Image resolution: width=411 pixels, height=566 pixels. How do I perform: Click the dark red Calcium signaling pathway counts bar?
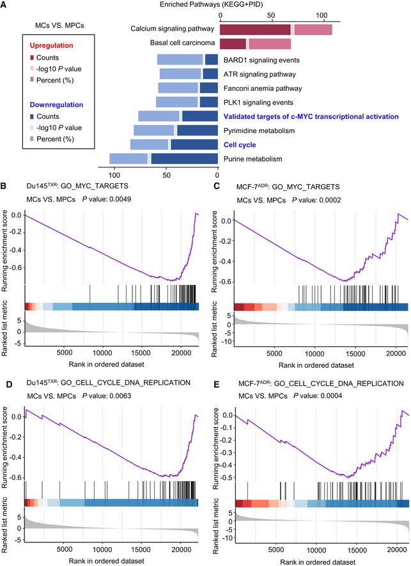coord(255,29)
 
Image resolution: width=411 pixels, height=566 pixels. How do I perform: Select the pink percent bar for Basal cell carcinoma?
coord(270,43)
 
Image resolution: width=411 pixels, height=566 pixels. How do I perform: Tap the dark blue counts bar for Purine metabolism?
coord(184,159)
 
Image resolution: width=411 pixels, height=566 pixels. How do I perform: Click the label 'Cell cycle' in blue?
coord(240,145)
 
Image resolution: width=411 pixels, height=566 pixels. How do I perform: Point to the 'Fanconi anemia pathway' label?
coord(263,88)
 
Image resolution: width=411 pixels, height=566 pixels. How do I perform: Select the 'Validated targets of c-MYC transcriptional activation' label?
coord(311,117)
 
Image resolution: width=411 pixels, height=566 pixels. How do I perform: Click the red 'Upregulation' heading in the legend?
coord(51,45)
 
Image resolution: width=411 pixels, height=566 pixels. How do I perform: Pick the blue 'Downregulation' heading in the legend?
coord(56,105)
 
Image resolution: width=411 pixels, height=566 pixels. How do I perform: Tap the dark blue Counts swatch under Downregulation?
coord(32,117)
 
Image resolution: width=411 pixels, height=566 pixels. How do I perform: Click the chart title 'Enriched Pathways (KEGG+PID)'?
coord(212,4)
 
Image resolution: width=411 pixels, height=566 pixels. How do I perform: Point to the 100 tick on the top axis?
coord(322,15)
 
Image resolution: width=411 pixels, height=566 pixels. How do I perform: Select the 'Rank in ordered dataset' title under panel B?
coord(106,364)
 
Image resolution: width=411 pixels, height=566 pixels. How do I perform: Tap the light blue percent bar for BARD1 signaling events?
coord(180,59)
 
